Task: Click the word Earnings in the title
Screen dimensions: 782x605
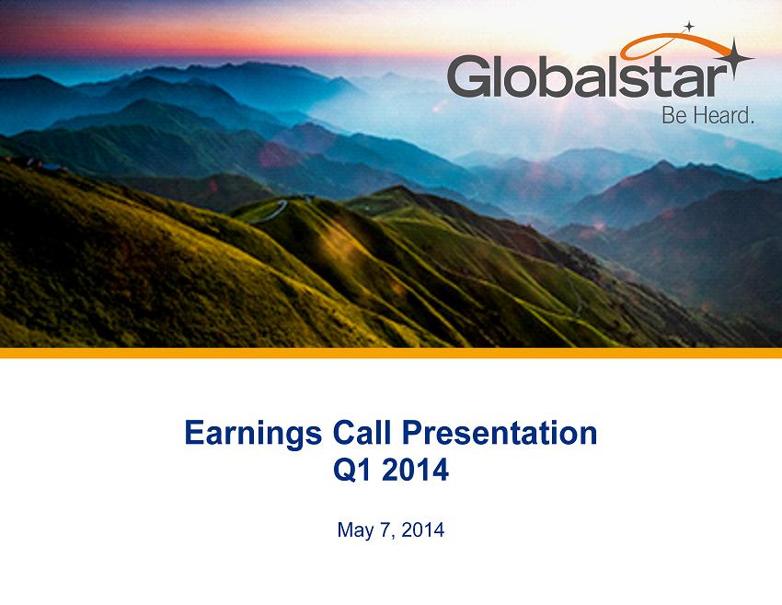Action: (x=253, y=434)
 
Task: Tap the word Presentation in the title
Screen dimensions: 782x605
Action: (x=500, y=432)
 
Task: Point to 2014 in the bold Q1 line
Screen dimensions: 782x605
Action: (x=416, y=471)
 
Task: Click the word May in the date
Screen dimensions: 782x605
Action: (x=356, y=530)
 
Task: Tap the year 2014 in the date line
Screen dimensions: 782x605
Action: (x=422, y=529)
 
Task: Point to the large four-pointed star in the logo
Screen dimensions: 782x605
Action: (x=733, y=59)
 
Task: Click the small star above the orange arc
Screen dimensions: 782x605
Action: (x=689, y=27)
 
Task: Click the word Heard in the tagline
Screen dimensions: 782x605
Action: (x=722, y=116)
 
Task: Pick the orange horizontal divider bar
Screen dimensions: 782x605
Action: (x=391, y=353)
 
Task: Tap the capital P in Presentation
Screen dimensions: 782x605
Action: (x=412, y=432)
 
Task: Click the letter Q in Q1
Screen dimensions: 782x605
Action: (x=345, y=471)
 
